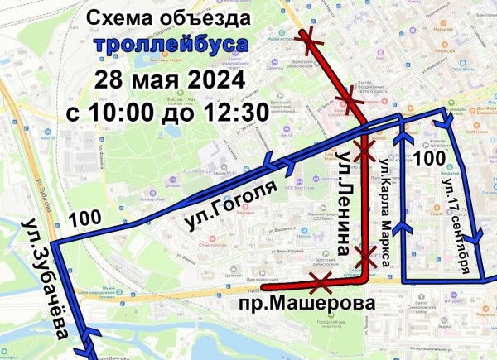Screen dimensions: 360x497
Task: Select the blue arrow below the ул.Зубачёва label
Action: pyautogui.click(x=90, y=337)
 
